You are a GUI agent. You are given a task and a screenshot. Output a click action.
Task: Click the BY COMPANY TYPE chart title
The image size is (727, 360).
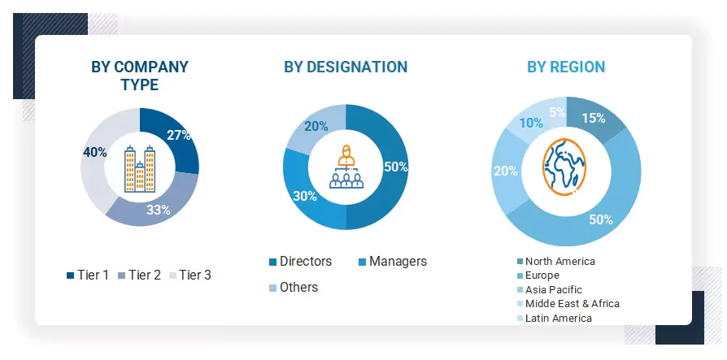click(140, 75)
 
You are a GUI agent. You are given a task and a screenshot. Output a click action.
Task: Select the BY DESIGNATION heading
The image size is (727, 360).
click(346, 67)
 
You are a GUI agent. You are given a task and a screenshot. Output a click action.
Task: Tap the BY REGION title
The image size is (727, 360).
click(566, 67)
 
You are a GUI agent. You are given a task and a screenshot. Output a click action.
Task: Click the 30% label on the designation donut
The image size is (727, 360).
click(305, 196)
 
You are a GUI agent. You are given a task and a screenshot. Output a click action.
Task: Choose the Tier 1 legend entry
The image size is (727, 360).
click(87, 275)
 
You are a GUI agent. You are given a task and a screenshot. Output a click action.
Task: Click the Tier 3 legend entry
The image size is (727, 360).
click(189, 275)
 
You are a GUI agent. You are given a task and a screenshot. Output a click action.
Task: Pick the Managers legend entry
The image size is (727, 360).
click(392, 261)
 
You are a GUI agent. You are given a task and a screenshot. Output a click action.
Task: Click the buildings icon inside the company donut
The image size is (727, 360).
click(139, 168)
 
